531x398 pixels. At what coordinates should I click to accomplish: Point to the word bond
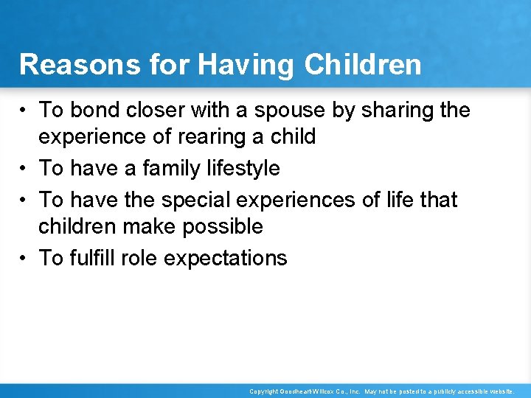point(94,111)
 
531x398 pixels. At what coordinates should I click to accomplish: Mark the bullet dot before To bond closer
point(24,111)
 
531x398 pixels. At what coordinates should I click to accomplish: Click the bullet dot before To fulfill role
point(24,258)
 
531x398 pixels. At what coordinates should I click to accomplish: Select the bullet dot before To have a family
point(24,169)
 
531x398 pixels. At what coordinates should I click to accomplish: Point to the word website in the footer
point(498,391)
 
